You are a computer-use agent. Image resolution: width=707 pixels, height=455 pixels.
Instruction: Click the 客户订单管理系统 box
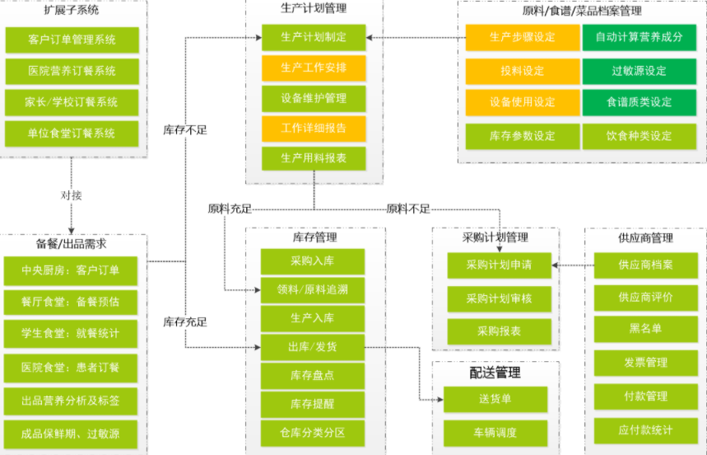72,40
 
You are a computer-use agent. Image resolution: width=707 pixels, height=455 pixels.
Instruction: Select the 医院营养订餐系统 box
72,71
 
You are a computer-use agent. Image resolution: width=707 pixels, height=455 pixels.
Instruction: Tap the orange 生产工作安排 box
314,68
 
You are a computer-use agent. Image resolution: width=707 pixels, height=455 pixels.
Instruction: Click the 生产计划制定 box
314,37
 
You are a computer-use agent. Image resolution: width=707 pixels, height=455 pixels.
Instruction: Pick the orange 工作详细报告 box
314,128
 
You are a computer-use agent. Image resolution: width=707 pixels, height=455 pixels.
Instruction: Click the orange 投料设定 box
522,70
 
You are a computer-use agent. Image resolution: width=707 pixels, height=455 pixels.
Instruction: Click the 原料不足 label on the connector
408,209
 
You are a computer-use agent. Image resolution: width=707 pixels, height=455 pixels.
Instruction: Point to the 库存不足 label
185,129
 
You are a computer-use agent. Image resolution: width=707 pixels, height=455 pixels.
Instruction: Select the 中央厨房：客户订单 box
72,270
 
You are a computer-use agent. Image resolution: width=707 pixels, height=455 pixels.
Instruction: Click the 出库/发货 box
313,347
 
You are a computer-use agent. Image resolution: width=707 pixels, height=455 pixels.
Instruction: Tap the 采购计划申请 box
499,265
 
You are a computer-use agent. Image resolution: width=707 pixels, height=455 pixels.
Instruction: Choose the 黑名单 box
645,328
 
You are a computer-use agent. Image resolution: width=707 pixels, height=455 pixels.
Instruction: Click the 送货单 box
495,400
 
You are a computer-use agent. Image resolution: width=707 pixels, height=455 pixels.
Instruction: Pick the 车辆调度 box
495,432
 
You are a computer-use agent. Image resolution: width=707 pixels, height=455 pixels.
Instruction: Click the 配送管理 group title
495,373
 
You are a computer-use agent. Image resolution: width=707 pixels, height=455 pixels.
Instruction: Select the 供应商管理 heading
645,238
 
